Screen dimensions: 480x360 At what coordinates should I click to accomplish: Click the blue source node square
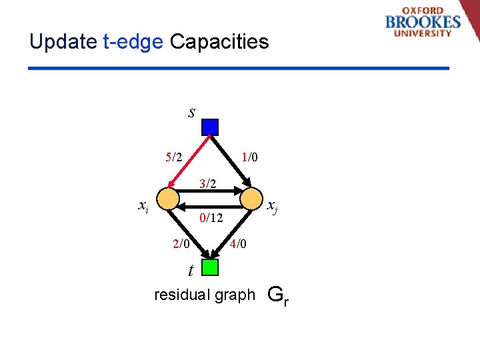click(210, 127)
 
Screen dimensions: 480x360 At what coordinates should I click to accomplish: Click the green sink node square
click(210, 267)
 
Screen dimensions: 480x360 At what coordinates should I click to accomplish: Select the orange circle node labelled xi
click(169, 198)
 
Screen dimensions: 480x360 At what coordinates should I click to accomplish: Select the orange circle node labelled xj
click(251, 198)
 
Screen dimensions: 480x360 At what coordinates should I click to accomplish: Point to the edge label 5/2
click(174, 157)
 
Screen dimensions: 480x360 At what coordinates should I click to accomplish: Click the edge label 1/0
click(250, 157)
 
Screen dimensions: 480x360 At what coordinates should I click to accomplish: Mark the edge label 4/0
click(238, 244)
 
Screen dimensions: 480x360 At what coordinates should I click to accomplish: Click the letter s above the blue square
click(191, 112)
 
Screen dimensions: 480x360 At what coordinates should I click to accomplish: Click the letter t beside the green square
click(191, 270)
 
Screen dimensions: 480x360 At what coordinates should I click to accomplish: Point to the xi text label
click(143, 206)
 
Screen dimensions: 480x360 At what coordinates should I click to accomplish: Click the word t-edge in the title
click(133, 42)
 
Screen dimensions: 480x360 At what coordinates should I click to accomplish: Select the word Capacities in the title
click(219, 42)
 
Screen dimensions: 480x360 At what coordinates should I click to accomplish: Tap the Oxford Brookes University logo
click(423, 23)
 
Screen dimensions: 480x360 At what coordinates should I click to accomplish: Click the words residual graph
click(204, 295)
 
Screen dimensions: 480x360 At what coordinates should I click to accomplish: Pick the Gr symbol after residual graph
click(277, 295)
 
